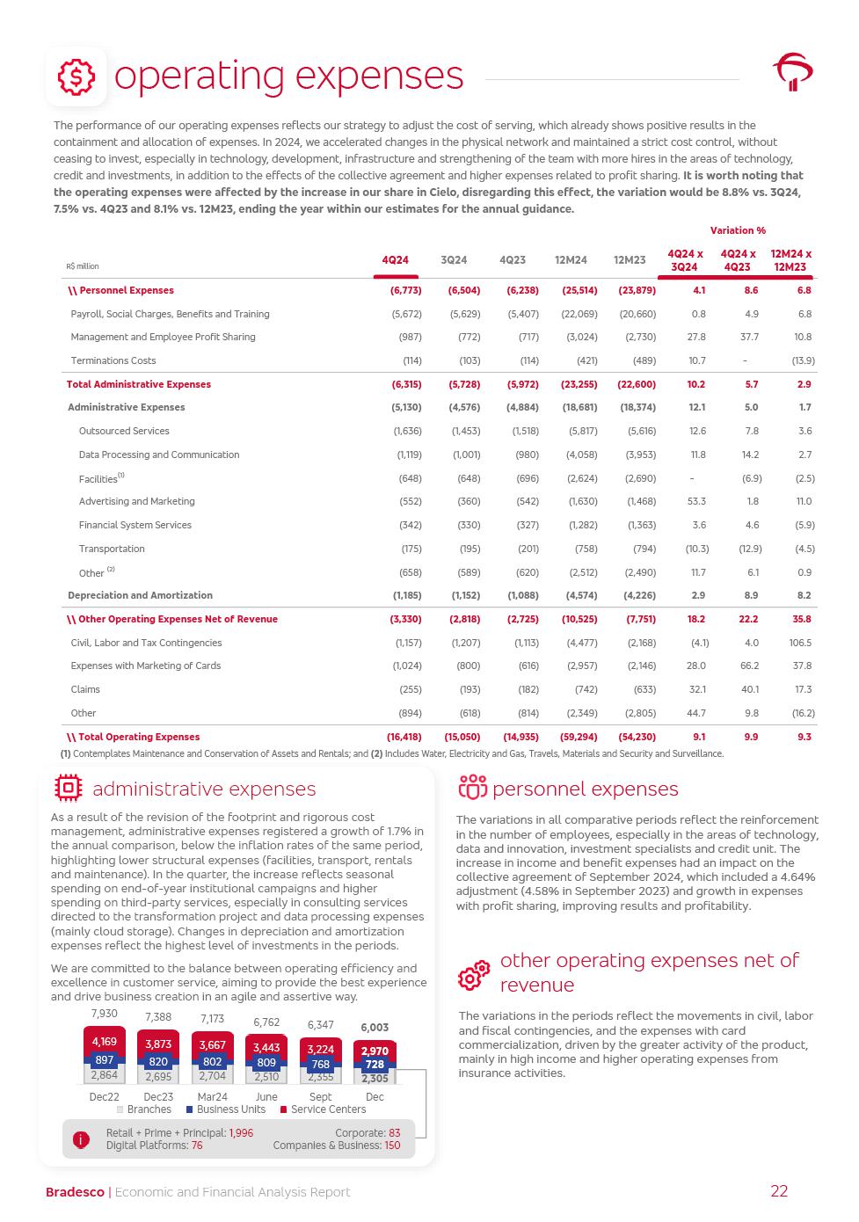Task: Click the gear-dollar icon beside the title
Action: tap(76, 76)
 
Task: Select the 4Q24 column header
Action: tap(395, 260)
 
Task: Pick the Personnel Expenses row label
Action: tap(121, 290)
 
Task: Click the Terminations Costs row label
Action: tap(113, 360)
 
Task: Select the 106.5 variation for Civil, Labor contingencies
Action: tap(800, 643)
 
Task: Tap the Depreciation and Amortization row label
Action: tap(140, 595)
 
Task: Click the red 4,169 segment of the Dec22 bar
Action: tap(104, 1043)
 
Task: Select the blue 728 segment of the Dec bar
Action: tap(375, 1065)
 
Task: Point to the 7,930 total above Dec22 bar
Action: tap(104, 1014)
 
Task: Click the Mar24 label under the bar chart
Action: tap(212, 1097)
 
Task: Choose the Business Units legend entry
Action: tap(226, 1109)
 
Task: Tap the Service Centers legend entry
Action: tap(323, 1109)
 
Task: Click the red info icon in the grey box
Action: tap(81, 1139)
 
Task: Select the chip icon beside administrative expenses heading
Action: tap(68, 789)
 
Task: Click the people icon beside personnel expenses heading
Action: tap(472, 789)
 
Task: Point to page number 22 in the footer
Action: tap(779, 1191)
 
